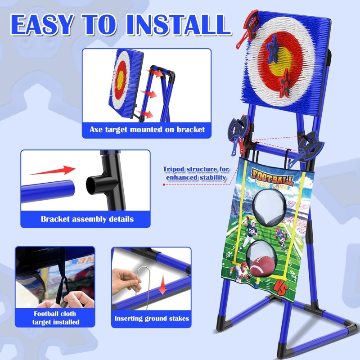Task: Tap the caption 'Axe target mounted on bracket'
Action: click(x=147, y=130)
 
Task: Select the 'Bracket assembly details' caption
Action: click(x=87, y=219)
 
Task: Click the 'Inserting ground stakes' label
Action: click(x=152, y=319)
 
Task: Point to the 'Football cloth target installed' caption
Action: click(x=55, y=318)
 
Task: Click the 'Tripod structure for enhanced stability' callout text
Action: click(x=196, y=173)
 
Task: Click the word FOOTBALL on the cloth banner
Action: click(x=273, y=175)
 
